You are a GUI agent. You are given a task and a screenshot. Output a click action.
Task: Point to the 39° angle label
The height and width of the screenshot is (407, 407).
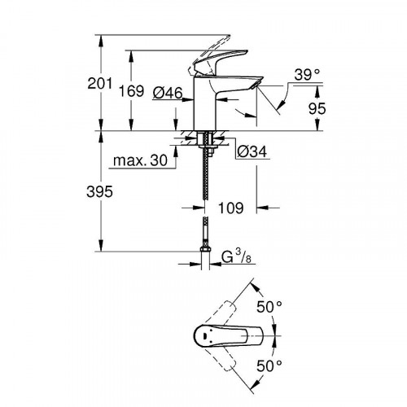pyautogui.click(x=307, y=74)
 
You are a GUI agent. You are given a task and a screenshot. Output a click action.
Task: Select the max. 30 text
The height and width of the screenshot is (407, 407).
pyautogui.click(x=147, y=162)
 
